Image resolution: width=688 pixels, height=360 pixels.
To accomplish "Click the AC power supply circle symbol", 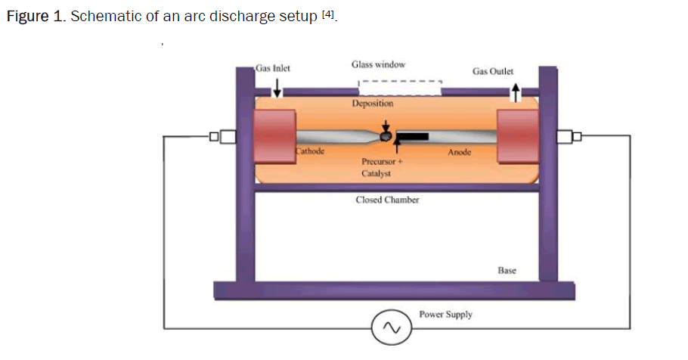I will click(391, 327).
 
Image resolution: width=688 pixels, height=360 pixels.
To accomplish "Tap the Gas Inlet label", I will click(273, 68).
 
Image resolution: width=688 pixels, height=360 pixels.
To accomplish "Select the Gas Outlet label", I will click(493, 72).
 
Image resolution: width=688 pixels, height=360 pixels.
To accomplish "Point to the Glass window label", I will click(378, 65).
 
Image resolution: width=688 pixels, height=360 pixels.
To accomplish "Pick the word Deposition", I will click(373, 103).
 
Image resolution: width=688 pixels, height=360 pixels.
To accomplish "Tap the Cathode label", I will click(310, 151).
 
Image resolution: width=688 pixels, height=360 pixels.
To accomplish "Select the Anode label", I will click(459, 152).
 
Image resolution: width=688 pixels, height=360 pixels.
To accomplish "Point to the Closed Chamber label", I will click(387, 200).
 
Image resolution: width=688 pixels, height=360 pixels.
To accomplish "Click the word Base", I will click(507, 270).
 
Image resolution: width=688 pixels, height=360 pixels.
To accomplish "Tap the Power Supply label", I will click(446, 314).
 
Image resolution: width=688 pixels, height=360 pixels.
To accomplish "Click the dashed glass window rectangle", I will click(400, 87).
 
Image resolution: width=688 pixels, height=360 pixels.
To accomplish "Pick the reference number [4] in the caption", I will click(327, 16).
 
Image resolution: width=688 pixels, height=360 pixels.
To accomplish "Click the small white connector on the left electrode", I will click(225, 137).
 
